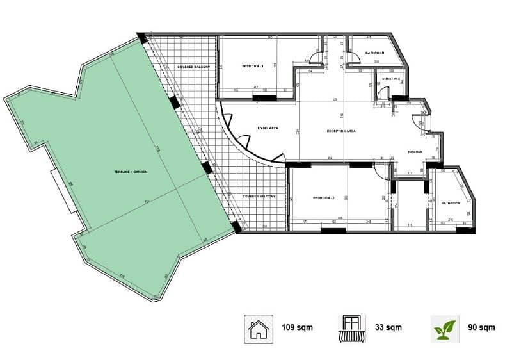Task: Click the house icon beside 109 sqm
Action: (258, 328)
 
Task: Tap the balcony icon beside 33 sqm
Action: (352, 328)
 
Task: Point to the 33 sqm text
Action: (388, 328)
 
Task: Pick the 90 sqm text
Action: (481, 328)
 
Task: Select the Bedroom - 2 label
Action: (324, 199)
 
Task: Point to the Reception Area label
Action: (341, 131)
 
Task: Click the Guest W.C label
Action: (391, 79)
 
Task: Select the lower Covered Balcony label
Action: (259, 197)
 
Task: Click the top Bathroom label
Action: (374, 53)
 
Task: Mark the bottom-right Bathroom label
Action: (451, 203)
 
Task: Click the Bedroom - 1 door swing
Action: (312, 58)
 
